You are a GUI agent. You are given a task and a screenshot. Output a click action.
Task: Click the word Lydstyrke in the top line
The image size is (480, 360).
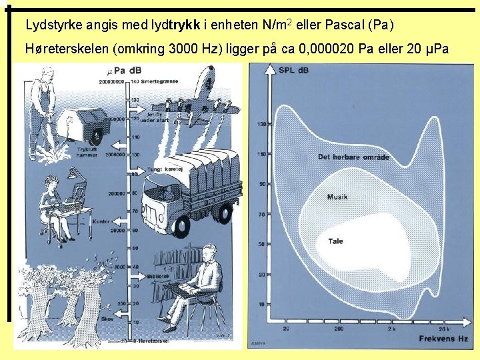pyautogui.click(x=50, y=26)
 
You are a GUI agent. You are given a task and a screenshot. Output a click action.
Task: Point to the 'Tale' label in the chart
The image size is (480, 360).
pyautogui.click(x=335, y=241)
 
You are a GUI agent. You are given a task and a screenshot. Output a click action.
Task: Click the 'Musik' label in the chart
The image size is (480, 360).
pyautogui.click(x=337, y=197)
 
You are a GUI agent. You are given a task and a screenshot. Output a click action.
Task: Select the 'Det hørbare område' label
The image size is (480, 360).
pyautogui.click(x=353, y=157)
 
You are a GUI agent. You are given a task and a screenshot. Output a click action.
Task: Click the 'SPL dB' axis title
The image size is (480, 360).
pyautogui.click(x=294, y=70)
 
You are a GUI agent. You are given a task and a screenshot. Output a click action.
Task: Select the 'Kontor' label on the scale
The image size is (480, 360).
pyautogui.click(x=102, y=221)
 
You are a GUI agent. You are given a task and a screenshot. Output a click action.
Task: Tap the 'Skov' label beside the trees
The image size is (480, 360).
pyautogui.click(x=107, y=319)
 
